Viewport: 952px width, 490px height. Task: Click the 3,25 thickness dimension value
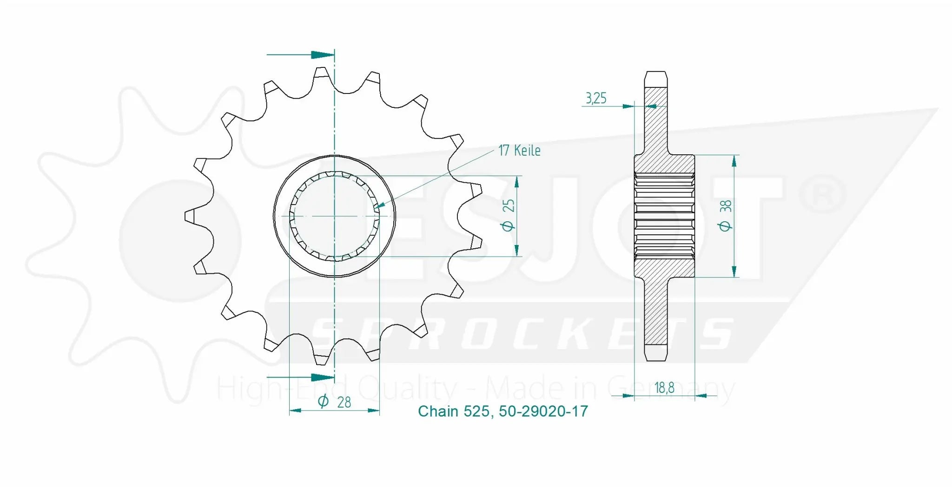pyautogui.click(x=595, y=98)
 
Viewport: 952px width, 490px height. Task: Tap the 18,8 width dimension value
pyautogui.click(x=664, y=388)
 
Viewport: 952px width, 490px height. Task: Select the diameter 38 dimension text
pyautogui.click(x=725, y=215)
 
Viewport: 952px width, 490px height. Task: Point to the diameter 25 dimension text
pyautogui.click(x=509, y=215)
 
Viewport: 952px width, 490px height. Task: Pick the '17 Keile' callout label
pyautogui.click(x=519, y=151)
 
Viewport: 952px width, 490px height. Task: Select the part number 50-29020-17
pyautogui.click(x=543, y=411)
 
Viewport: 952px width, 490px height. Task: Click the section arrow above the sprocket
pyautogui.click(x=323, y=55)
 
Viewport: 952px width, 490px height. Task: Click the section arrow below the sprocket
pyautogui.click(x=323, y=377)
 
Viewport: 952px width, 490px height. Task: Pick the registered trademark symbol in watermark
pyautogui.click(x=822, y=194)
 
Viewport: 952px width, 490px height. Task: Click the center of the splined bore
pyautogui.click(x=334, y=216)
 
